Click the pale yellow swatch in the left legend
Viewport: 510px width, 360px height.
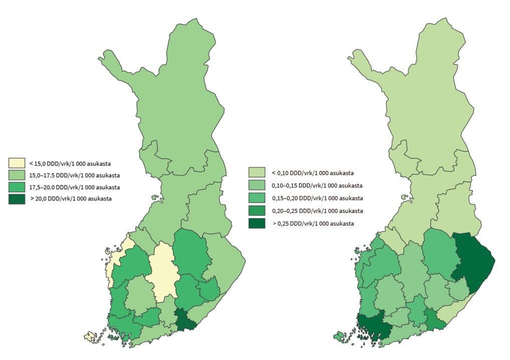pos(17,163)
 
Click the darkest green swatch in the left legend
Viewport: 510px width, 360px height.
pos(17,199)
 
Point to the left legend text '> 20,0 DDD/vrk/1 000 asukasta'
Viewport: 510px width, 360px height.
pos(71,199)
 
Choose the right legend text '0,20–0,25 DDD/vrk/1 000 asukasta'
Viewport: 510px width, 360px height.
pos(314,211)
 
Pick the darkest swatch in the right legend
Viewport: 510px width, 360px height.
pos(257,223)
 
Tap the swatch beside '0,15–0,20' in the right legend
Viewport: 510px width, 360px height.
pos(257,198)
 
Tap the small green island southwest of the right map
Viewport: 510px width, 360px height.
pos(341,335)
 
